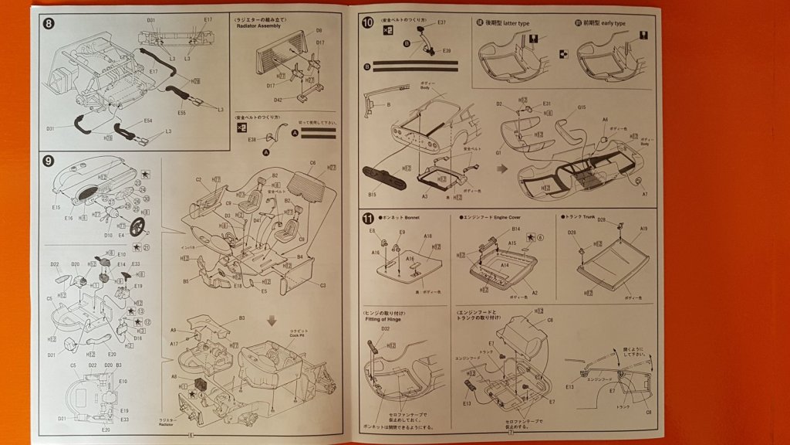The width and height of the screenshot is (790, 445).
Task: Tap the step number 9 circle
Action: point(49,161)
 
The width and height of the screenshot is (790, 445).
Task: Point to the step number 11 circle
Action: point(369,217)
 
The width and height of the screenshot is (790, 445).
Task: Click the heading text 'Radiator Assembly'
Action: point(258,25)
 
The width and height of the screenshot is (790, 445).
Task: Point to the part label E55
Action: point(182,113)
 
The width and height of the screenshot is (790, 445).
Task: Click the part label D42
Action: point(277,100)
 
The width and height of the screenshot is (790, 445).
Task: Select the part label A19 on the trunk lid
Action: point(643,229)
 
